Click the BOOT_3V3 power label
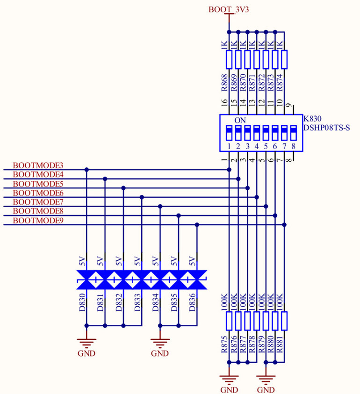pyautogui.click(x=229, y=9)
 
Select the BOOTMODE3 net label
pyautogui.click(x=38, y=165)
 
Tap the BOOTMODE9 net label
pyautogui.click(x=38, y=221)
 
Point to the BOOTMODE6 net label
pyautogui.click(x=38, y=193)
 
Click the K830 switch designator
pyautogui.click(x=312, y=119)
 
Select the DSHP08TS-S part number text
pyautogui.click(x=326, y=128)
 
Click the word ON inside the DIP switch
pyautogui.click(x=240, y=120)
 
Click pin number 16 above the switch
pyautogui.click(x=224, y=102)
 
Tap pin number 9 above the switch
pyautogui.click(x=289, y=106)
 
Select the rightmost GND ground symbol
pyautogui.click(x=266, y=381)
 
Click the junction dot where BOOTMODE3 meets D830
pyautogui.click(x=86, y=170)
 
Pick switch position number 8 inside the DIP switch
pyautogui.click(x=294, y=146)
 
